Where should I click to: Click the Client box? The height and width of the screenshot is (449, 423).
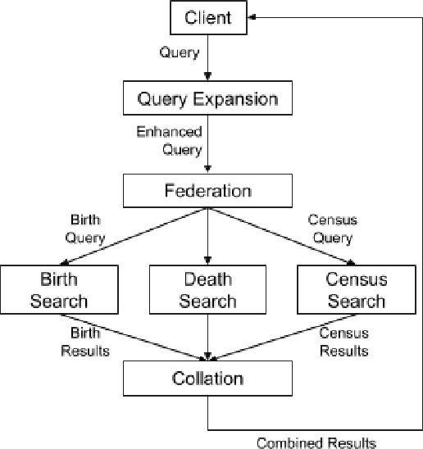coord(207,16)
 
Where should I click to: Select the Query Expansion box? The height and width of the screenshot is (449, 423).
coord(207,100)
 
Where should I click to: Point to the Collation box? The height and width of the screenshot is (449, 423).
coord(207,379)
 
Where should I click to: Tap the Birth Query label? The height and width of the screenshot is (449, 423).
coord(88,229)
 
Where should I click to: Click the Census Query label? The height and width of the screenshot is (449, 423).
coord(330,229)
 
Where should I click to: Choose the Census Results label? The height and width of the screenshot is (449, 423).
coord(343,342)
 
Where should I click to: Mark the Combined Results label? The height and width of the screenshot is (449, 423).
coord(316,442)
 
